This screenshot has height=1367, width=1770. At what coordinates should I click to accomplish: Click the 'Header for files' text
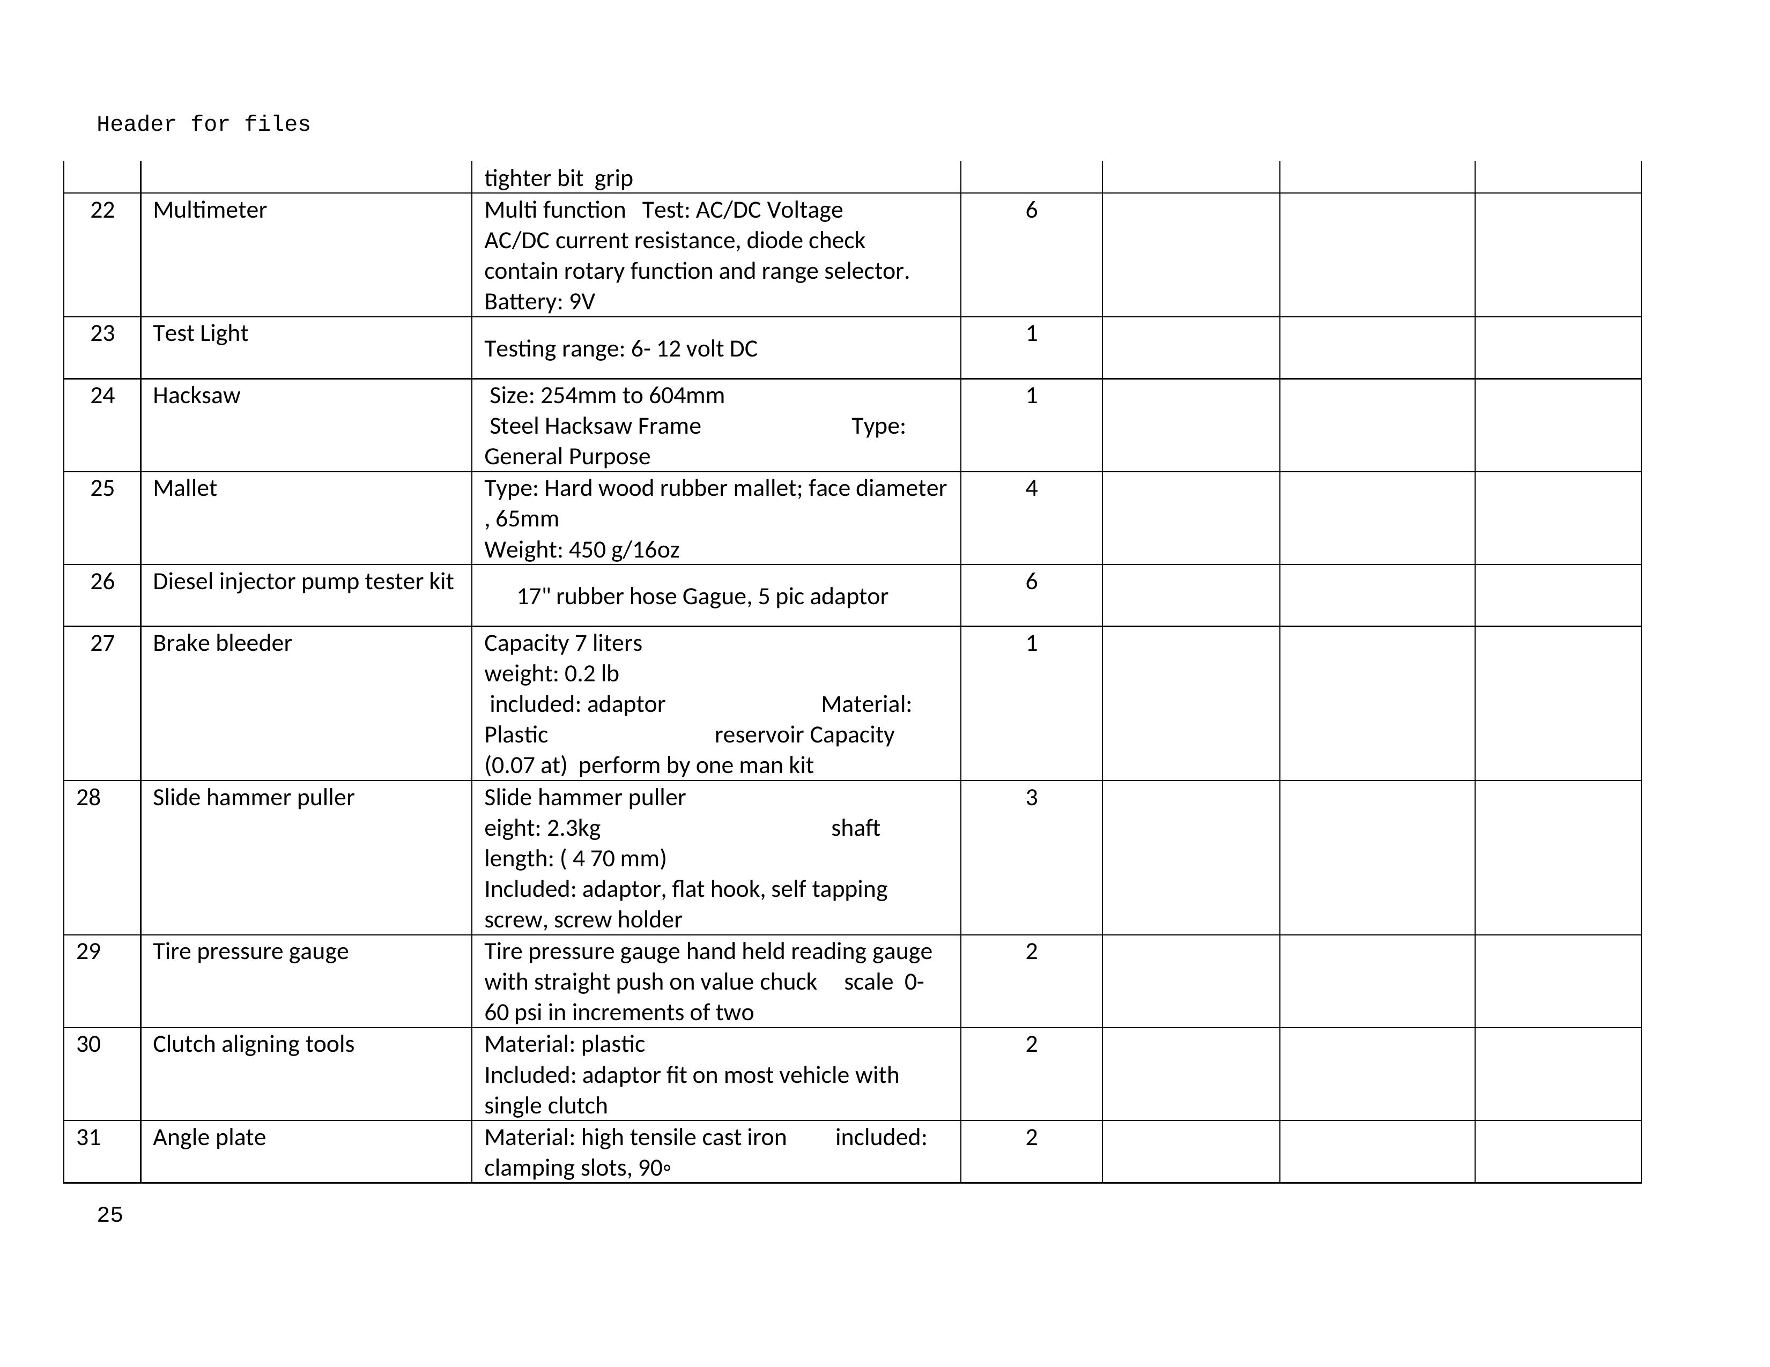[203, 124]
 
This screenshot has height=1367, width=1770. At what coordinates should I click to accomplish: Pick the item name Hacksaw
[196, 396]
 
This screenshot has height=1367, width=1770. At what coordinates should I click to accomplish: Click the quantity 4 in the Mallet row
[1031, 488]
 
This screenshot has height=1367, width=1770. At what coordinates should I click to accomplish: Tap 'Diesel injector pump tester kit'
[302, 582]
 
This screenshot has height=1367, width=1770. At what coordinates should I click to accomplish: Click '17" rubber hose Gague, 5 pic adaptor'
[702, 597]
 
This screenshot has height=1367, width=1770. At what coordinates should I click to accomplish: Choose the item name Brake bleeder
[222, 643]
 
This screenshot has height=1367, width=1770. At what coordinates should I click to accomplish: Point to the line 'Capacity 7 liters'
[562, 643]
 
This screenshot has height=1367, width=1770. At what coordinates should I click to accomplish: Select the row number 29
[88, 952]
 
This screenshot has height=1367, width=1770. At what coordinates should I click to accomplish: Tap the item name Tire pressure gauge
[250, 952]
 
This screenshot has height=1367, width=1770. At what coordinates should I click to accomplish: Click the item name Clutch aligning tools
[253, 1044]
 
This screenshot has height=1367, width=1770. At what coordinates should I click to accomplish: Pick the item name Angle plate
[209, 1138]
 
